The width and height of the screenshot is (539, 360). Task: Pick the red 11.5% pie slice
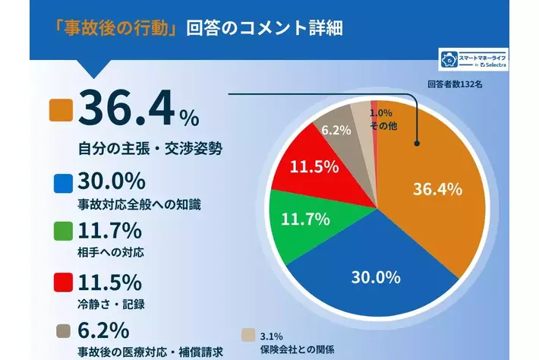click(311, 166)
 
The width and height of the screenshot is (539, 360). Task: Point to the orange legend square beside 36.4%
click(60, 111)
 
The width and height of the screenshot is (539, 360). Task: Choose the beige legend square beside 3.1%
click(247, 335)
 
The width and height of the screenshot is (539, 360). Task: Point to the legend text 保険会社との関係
click(297, 349)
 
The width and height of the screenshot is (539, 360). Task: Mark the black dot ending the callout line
click(416, 142)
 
